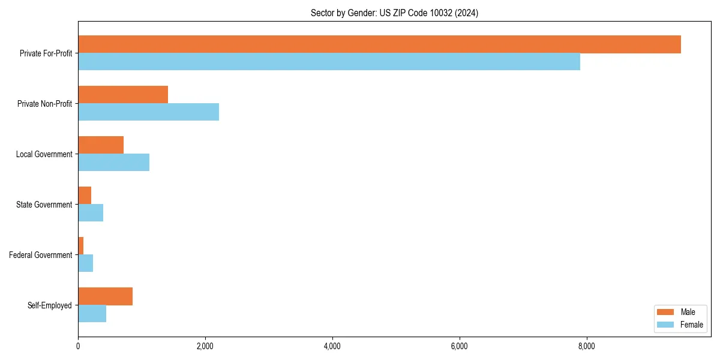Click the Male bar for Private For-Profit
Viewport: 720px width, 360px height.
click(379, 44)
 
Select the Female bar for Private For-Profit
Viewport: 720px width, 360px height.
click(329, 62)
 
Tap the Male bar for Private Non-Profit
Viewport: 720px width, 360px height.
click(123, 95)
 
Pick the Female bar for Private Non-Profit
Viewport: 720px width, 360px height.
click(148, 112)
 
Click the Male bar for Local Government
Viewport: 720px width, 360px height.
click(101, 145)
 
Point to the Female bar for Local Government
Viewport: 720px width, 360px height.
click(113, 163)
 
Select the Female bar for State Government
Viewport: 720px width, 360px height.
click(91, 213)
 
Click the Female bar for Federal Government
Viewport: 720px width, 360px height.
click(86, 263)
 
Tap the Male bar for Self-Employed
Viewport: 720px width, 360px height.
click(105, 296)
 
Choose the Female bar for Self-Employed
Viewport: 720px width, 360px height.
click(92, 314)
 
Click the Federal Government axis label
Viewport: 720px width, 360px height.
click(41, 255)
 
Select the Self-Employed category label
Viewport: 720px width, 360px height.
click(50, 305)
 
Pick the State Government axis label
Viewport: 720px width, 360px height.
click(44, 205)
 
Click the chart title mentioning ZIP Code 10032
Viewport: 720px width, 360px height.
click(394, 13)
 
